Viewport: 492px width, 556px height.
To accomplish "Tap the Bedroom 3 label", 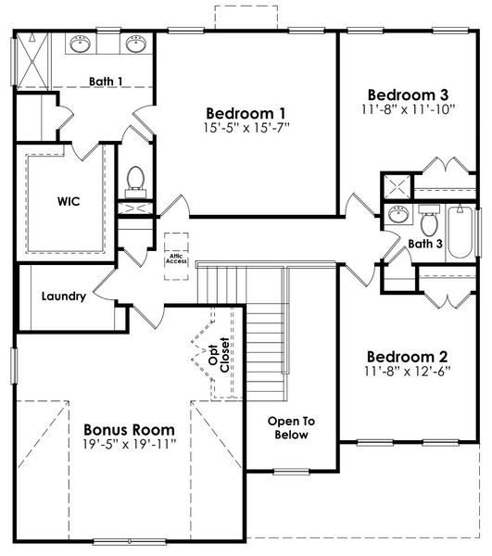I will point(408,95).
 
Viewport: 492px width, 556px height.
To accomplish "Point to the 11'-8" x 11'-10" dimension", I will point(408,108).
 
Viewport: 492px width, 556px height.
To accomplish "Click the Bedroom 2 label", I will point(408,357).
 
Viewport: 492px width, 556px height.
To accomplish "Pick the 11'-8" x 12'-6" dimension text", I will point(408,372).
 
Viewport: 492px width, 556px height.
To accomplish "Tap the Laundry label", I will point(64,297).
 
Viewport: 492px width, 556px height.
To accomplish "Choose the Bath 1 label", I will point(107,82).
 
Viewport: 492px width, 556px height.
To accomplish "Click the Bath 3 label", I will point(426,244).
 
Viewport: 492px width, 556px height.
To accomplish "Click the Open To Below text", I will point(292,428).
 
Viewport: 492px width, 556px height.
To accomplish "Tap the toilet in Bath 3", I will point(429,221).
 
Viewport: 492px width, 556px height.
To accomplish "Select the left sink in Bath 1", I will point(79,44).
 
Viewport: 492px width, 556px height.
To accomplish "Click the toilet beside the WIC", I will point(135,178).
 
